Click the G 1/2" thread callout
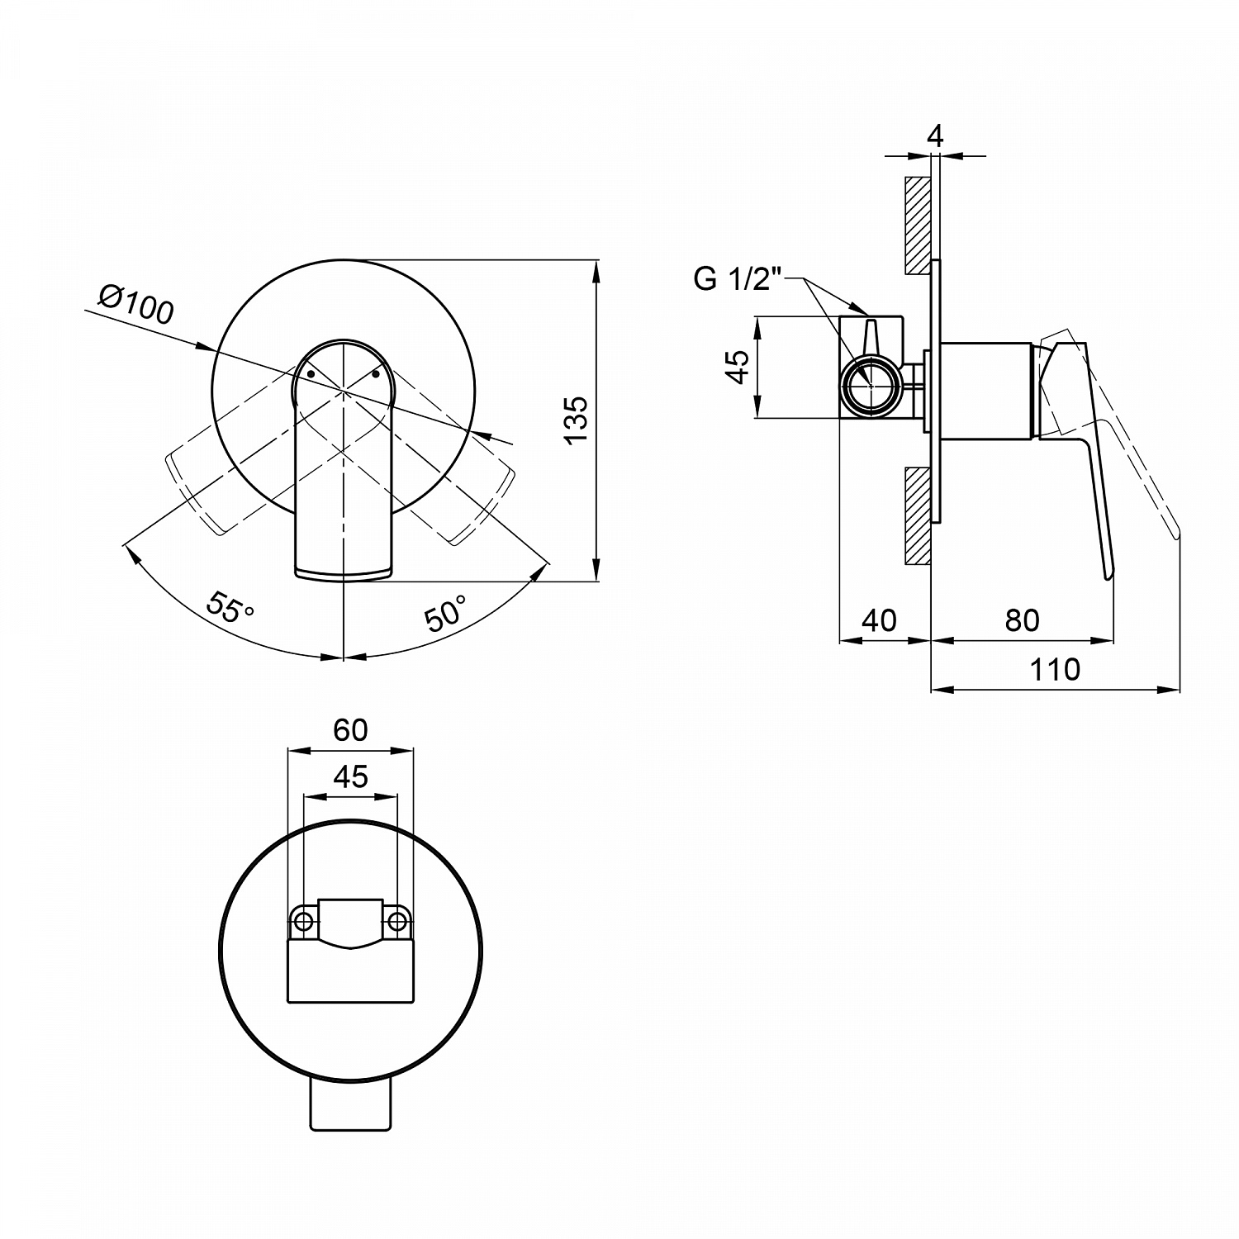pyautogui.click(x=738, y=279)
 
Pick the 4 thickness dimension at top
pyautogui.click(x=935, y=135)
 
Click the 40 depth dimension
pyautogui.click(x=878, y=619)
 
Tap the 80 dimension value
pyautogui.click(x=1022, y=619)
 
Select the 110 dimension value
pyautogui.click(x=1055, y=669)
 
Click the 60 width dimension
pyautogui.click(x=350, y=730)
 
